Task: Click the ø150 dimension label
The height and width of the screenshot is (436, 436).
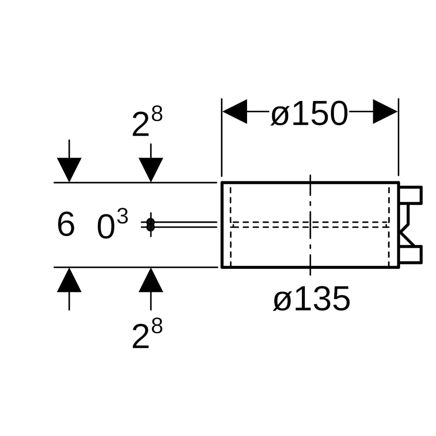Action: [309, 114]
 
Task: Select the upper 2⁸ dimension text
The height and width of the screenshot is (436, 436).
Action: [147, 122]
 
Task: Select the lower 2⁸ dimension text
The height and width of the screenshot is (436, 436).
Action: [147, 334]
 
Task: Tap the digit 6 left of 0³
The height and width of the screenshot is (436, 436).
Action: [66, 225]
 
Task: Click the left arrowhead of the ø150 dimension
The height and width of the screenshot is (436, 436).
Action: [235, 111]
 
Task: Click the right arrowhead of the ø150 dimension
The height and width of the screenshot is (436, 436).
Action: [385, 111]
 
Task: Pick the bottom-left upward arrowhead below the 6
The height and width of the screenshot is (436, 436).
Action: [69, 280]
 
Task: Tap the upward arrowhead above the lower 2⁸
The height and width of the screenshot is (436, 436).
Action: [151, 280]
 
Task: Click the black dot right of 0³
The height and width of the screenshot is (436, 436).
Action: [151, 224]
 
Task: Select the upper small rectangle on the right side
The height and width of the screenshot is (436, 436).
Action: [411, 195]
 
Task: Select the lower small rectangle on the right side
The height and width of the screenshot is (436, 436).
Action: [411, 255]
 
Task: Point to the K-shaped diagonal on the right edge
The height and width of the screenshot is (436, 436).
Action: [407, 237]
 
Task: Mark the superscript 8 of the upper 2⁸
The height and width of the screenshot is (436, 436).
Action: [157, 114]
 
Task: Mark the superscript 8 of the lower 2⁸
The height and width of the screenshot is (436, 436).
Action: [157, 326]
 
